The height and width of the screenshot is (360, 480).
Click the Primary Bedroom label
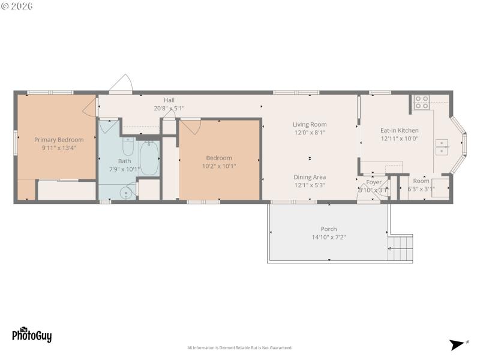[59, 140]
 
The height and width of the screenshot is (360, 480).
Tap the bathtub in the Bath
[148, 158]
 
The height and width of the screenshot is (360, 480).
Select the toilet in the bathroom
[128, 147]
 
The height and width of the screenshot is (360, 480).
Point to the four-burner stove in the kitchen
[421, 102]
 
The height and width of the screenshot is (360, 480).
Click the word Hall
[169, 100]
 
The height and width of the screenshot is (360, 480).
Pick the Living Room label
[310, 125]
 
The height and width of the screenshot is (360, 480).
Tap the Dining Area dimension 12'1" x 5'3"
[310, 185]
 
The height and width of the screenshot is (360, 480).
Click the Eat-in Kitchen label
[399, 130]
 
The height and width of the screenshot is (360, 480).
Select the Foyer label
[374, 182]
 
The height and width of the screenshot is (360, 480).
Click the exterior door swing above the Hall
[122, 85]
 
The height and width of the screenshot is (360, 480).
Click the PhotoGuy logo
[32, 334]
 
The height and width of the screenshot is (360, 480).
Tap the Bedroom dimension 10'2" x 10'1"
[219, 166]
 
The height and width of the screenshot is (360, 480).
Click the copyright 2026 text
[17, 6]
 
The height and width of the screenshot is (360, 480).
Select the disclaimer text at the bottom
[240, 348]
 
